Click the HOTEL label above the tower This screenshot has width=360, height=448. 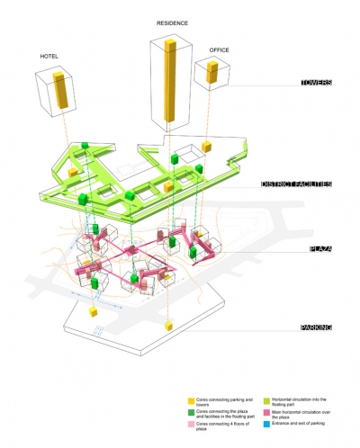tap(49, 56)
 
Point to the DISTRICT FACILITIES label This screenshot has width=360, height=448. tap(296, 184)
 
